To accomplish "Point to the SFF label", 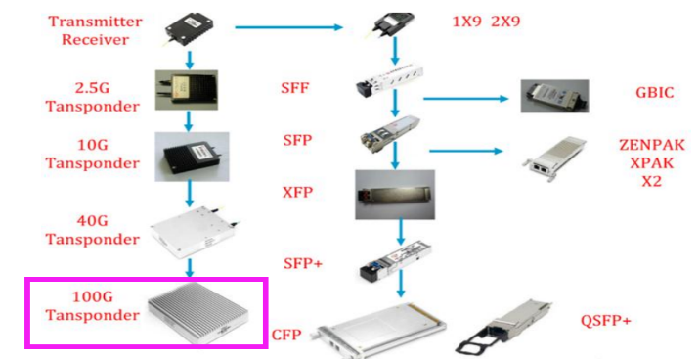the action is click(x=294, y=89).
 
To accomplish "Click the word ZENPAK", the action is click(x=651, y=145).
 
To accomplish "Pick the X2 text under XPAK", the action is click(x=651, y=181).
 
